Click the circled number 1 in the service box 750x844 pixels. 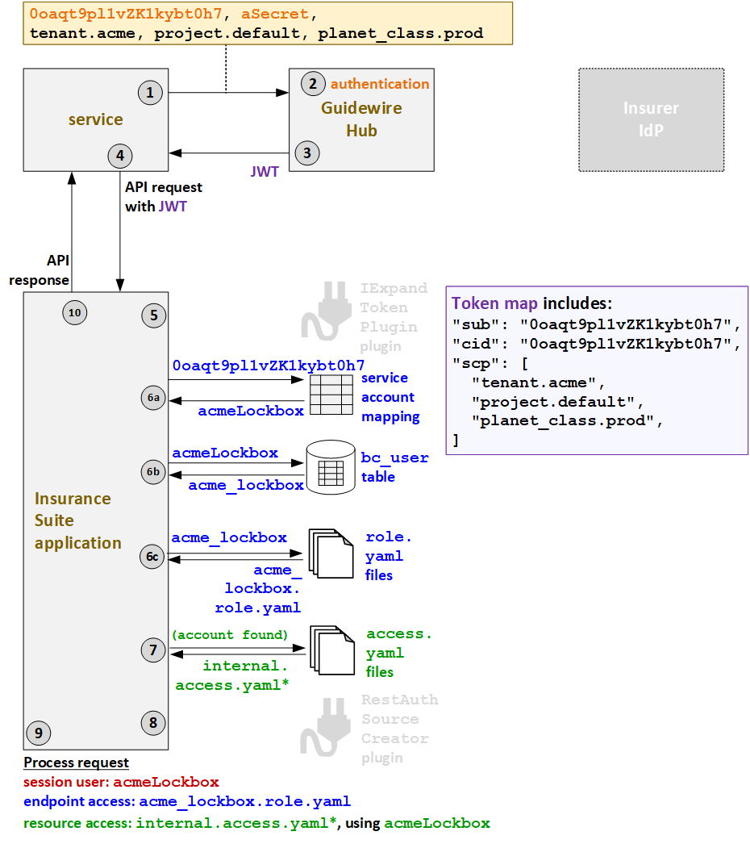click(x=150, y=93)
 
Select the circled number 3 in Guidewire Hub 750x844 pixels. click(x=306, y=152)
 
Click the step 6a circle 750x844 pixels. click(x=153, y=398)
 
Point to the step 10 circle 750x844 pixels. click(x=74, y=312)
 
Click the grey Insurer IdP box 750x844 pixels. click(x=651, y=119)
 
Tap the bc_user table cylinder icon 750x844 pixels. click(x=331, y=467)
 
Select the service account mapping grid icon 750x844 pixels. click(x=331, y=393)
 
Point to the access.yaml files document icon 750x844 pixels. click(x=331, y=650)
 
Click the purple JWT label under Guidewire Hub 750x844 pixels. click(x=265, y=172)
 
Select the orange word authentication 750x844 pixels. click(x=380, y=84)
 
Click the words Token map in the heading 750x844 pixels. click(x=495, y=303)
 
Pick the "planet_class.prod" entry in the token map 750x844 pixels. click(x=565, y=420)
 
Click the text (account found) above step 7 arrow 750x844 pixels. click(x=229, y=634)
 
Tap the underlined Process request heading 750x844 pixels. click(x=76, y=763)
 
